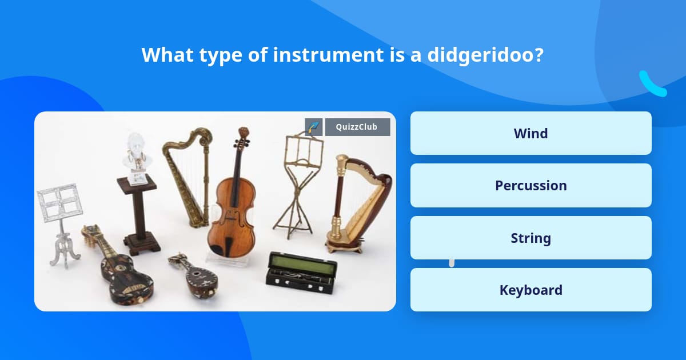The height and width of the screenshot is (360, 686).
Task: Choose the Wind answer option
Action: pyautogui.click(x=531, y=133)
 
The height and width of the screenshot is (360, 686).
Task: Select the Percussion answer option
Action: pyautogui.click(x=531, y=186)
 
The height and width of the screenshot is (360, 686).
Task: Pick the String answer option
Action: pyautogui.click(x=531, y=238)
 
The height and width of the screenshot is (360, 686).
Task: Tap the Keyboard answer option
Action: pyautogui.click(x=531, y=290)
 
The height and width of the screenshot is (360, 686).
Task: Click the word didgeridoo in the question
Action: pyautogui.click(x=485, y=55)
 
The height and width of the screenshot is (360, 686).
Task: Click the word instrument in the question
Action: pyautogui.click(x=328, y=55)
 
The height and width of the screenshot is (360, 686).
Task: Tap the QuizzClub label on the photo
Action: pyautogui.click(x=357, y=127)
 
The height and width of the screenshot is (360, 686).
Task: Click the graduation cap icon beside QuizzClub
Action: pyautogui.click(x=314, y=127)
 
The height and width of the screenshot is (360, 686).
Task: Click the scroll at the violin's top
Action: pyautogui.click(x=244, y=133)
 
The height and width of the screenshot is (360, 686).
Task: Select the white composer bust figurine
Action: pyautogui.click(x=137, y=159)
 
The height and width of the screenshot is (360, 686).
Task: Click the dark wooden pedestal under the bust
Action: pyautogui.click(x=139, y=214)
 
